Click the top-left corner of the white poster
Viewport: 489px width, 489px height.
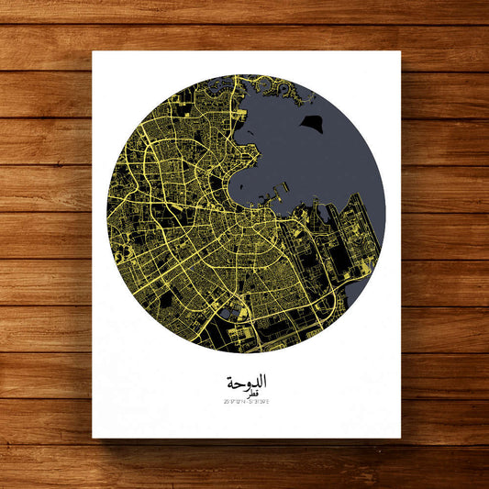click(x=93, y=51)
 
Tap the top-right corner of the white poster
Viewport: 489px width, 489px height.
click(x=401, y=51)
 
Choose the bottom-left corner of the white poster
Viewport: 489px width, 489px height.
click(x=93, y=439)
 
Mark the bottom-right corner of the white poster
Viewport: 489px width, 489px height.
click(x=401, y=439)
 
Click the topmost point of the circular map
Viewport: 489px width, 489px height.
click(x=246, y=74)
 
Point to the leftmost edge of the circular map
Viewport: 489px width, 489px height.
click(x=106, y=214)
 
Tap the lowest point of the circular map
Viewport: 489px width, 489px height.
click(x=246, y=353)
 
